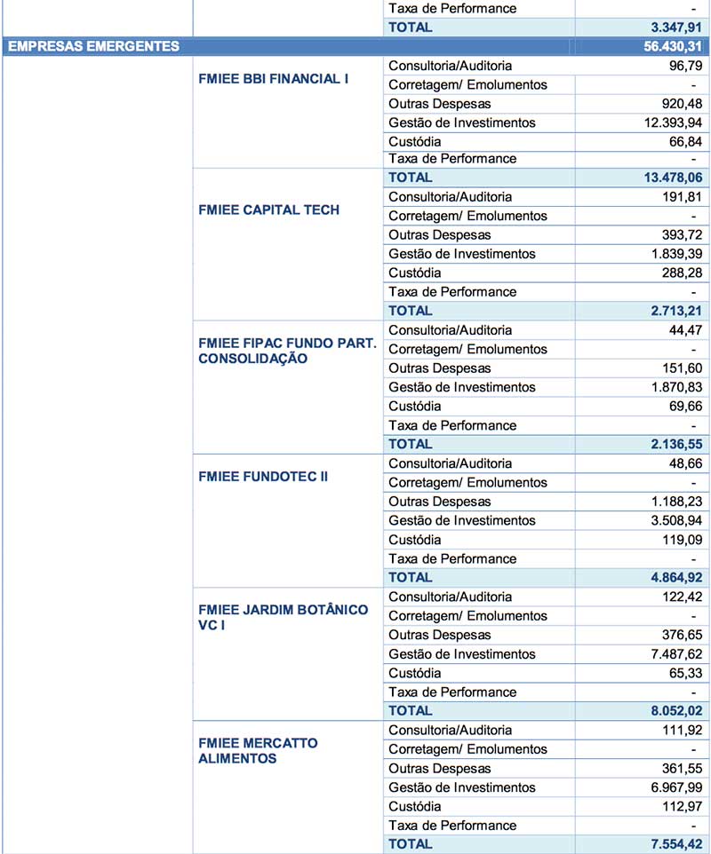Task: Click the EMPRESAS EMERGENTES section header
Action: pos(93,46)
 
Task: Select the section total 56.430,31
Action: pos(674,46)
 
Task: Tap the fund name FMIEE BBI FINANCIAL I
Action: pos(273,78)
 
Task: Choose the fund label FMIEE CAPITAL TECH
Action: pos(269,210)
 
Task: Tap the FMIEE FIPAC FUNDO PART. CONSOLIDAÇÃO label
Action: pos(287,351)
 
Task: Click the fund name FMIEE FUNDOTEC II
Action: pos(263,477)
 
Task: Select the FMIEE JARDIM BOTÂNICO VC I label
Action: pos(284,617)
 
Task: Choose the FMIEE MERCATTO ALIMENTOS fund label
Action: pos(259,750)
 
